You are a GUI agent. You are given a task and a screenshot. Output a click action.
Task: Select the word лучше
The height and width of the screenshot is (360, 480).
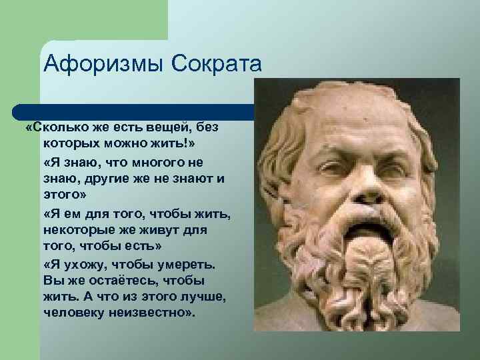[x=195, y=297]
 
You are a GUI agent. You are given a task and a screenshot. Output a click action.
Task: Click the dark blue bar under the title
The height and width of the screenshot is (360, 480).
[x=133, y=111]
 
